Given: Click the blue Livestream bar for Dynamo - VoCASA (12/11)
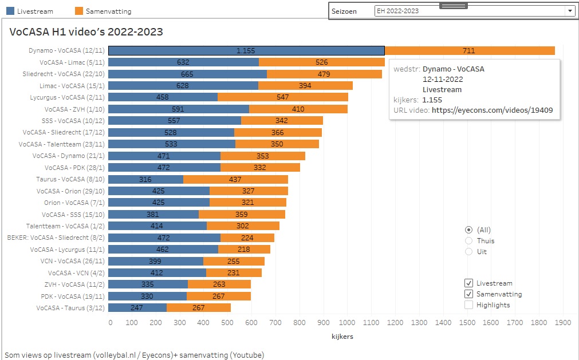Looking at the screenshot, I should [246, 50].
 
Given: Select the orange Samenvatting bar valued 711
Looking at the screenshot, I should [469, 50].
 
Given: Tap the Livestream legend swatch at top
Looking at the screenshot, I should [10, 11].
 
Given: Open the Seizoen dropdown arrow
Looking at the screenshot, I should [570, 11].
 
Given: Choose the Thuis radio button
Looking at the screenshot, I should [469, 241].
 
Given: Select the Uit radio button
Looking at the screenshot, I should [469, 252].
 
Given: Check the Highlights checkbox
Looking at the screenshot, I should [469, 305].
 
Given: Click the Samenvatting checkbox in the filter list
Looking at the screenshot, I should [469, 294].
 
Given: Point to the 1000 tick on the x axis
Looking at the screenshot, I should [348, 323].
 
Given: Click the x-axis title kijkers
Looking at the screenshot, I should [342, 337].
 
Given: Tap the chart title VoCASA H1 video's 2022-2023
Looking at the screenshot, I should [86, 32].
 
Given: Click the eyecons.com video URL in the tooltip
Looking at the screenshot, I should [492, 110].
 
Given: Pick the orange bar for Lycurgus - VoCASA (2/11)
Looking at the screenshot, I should [282, 97].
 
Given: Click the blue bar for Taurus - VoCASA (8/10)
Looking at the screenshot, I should [145, 179].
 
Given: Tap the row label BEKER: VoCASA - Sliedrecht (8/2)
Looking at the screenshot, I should [56, 238].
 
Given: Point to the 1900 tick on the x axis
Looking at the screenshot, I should [562, 323].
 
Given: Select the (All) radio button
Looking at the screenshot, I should [469, 230].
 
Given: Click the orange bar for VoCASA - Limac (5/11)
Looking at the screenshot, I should [321, 62].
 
